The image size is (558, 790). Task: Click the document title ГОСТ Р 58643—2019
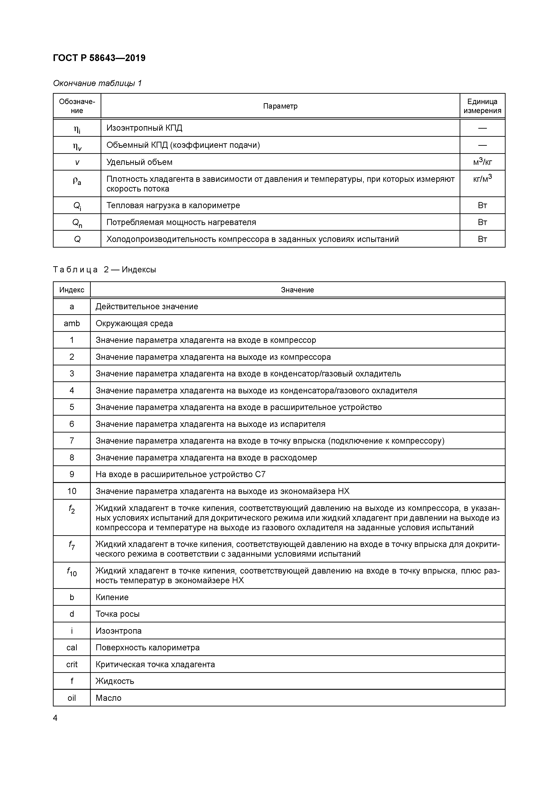tap(99, 58)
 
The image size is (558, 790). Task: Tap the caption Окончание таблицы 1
tap(97, 83)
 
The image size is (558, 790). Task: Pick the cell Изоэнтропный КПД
tap(145, 128)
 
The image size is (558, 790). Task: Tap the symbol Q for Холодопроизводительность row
tap(77, 239)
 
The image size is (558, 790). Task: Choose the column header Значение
tap(297, 290)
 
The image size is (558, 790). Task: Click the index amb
tap(72, 323)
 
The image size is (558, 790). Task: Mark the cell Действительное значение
tap(147, 307)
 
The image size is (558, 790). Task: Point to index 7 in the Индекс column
tap(72, 441)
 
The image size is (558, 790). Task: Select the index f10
tap(72, 572)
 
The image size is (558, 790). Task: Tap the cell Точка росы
tap(117, 614)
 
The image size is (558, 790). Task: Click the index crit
tap(72, 664)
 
